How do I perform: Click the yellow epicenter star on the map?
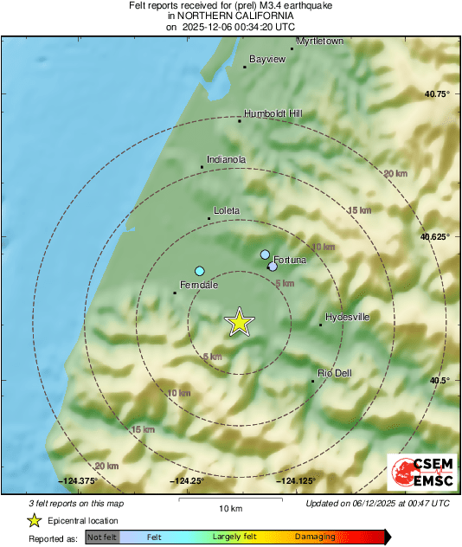pos(240,322)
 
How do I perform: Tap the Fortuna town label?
pos(290,260)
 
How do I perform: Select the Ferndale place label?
pos(198,285)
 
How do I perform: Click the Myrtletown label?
pos(320,41)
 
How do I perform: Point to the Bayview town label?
pos(266,59)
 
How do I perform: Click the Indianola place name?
pos(228,159)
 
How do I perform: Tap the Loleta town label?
pos(227,210)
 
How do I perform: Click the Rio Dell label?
pos(335,372)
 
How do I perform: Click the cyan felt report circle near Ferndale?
pos(200,271)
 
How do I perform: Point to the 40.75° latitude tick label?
pos(435,93)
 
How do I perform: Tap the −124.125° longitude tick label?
pos(295,480)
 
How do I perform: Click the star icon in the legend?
pos(34,520)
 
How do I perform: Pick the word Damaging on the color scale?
pos(314,537)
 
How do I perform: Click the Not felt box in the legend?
pos(102,537)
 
